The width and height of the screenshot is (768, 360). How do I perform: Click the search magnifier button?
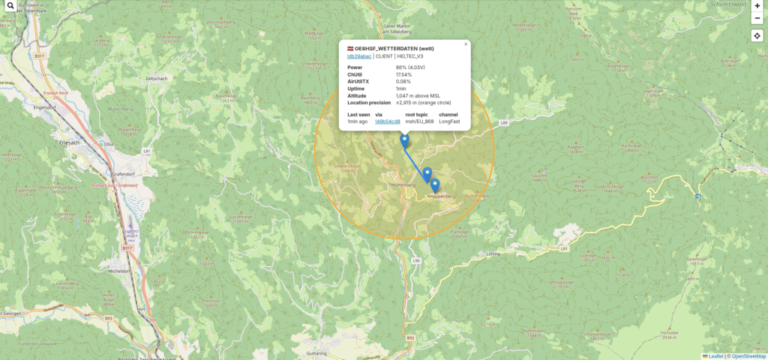pyautogui.click(x=9, y=6)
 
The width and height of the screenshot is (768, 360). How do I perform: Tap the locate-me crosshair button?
pyautogui.click(x=757, y=35)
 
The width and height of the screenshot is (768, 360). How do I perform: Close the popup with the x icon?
pyautogui.click(x=466, y=44)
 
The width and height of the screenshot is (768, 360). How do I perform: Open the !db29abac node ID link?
pyautogui.click(x=358, y=56)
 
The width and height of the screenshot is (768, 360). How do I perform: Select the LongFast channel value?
pyautogui.click(x=449, y=121)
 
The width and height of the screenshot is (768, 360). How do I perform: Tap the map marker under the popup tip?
pyautogui.click(x=405, y=140)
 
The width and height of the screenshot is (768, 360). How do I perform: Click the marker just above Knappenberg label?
pyautogui.click(x=435, y=184)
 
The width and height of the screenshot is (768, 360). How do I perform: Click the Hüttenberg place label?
pyautogui.click(x=403, y=184)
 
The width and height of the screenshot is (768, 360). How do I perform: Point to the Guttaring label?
pyautogui.click(x=317, y=352)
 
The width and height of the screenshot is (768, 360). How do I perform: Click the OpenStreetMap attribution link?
pyautogui.click(x=747, y=356)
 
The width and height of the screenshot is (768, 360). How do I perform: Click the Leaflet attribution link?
pyautogui.click(x=715, y=356)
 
